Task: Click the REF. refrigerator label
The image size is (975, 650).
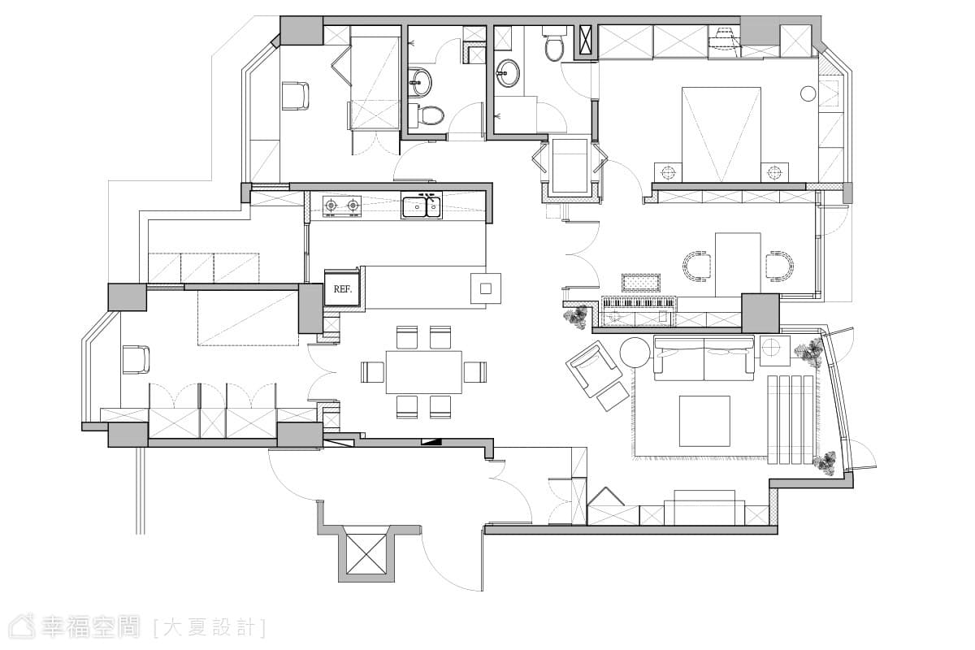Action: coord(342,289)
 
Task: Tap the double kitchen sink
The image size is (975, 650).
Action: coord(422,206)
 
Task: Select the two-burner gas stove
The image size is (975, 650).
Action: coord(342,206)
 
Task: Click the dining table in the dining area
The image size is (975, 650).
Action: coord(423,372)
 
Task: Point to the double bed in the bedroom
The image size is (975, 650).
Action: coord(721,134)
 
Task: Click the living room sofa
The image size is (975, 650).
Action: coord(704,357)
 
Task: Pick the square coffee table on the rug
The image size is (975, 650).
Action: coord(704,421)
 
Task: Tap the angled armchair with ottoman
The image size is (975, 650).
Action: coord(596,375)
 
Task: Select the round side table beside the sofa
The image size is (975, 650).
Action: coord(635,352)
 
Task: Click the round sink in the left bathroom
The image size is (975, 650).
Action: coord(421,81)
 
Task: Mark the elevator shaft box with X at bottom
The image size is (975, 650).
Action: coord(366,549)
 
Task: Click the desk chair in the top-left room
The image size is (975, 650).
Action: coord(295,96)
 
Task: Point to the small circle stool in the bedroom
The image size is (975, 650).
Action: coord(808,93)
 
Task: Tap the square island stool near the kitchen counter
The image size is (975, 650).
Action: coord(486,288)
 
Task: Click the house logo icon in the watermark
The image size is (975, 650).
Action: coord(23,627)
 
